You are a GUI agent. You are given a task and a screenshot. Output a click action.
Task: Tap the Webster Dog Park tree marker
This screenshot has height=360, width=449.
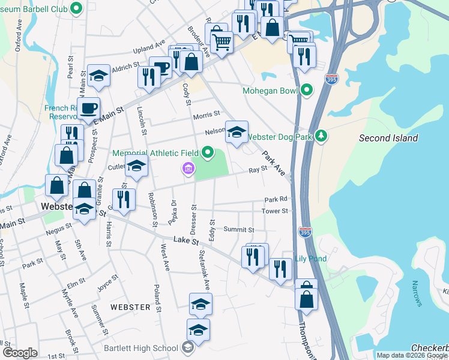pyautogui.click(x=322, y=137)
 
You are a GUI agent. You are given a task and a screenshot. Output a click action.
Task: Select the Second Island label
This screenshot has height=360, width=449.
pyautogui.click(x=388, y=138)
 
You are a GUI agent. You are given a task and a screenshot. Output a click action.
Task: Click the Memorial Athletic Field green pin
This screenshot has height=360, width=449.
pyautogui.click(x=208, y=152)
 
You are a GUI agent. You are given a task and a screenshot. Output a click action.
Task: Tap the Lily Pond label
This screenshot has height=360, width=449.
pyautogui.click(x=310, y=259)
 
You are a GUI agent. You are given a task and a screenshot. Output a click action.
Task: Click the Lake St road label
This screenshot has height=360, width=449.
pyautogui.click(x=185, y=240)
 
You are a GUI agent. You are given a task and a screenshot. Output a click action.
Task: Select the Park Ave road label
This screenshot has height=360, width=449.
pyautogui.click(x=273, y=162)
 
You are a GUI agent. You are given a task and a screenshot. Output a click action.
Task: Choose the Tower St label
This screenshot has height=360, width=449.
pyautogui.click(x=275, y=211)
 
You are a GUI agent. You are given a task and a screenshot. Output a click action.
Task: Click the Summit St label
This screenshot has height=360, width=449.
pyautogui.click(x=239, y=229)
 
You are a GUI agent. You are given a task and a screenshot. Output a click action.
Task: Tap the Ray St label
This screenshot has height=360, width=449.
pyautogui.click(x=258, y=170)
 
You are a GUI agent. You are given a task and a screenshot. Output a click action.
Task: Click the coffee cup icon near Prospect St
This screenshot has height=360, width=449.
pyautogui.click(x=89, y=108)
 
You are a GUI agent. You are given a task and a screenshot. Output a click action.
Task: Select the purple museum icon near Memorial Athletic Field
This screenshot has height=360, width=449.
pyautogui.click(x=188, y=170)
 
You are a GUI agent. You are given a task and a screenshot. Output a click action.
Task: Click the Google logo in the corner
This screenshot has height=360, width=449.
pyautogui.click(x=19, y=353)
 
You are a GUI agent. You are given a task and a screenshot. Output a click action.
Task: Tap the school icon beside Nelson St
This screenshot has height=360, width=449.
pyautogui.click(x=237, y=131)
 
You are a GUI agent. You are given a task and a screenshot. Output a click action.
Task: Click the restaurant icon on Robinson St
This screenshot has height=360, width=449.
pyautogui.click(x=124, y=199)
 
